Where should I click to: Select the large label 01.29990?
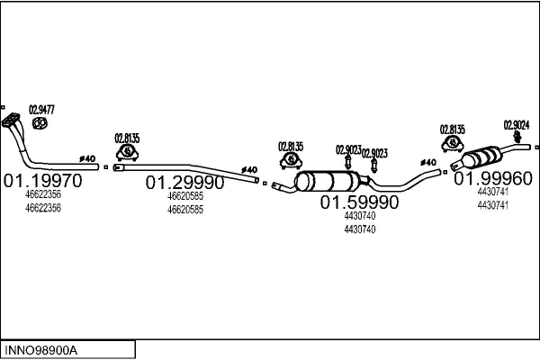click(185, 182)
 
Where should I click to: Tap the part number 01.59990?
click(360, 202)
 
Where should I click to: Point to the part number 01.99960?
click(494, 179)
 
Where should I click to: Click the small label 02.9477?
click(42, 110)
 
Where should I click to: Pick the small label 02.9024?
click(516, 124)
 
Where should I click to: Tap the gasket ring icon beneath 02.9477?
click(40, 122)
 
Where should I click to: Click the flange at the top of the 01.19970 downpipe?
click(12, 120)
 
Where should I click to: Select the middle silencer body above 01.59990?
click(324, 180)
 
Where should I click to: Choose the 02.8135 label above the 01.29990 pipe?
click(126, 138)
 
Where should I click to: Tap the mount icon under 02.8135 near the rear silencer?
click(452, 144)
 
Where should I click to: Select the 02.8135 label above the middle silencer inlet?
click(291, 146)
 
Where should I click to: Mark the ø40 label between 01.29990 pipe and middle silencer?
click(249, 169)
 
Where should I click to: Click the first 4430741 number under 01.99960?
click(492, 192)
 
